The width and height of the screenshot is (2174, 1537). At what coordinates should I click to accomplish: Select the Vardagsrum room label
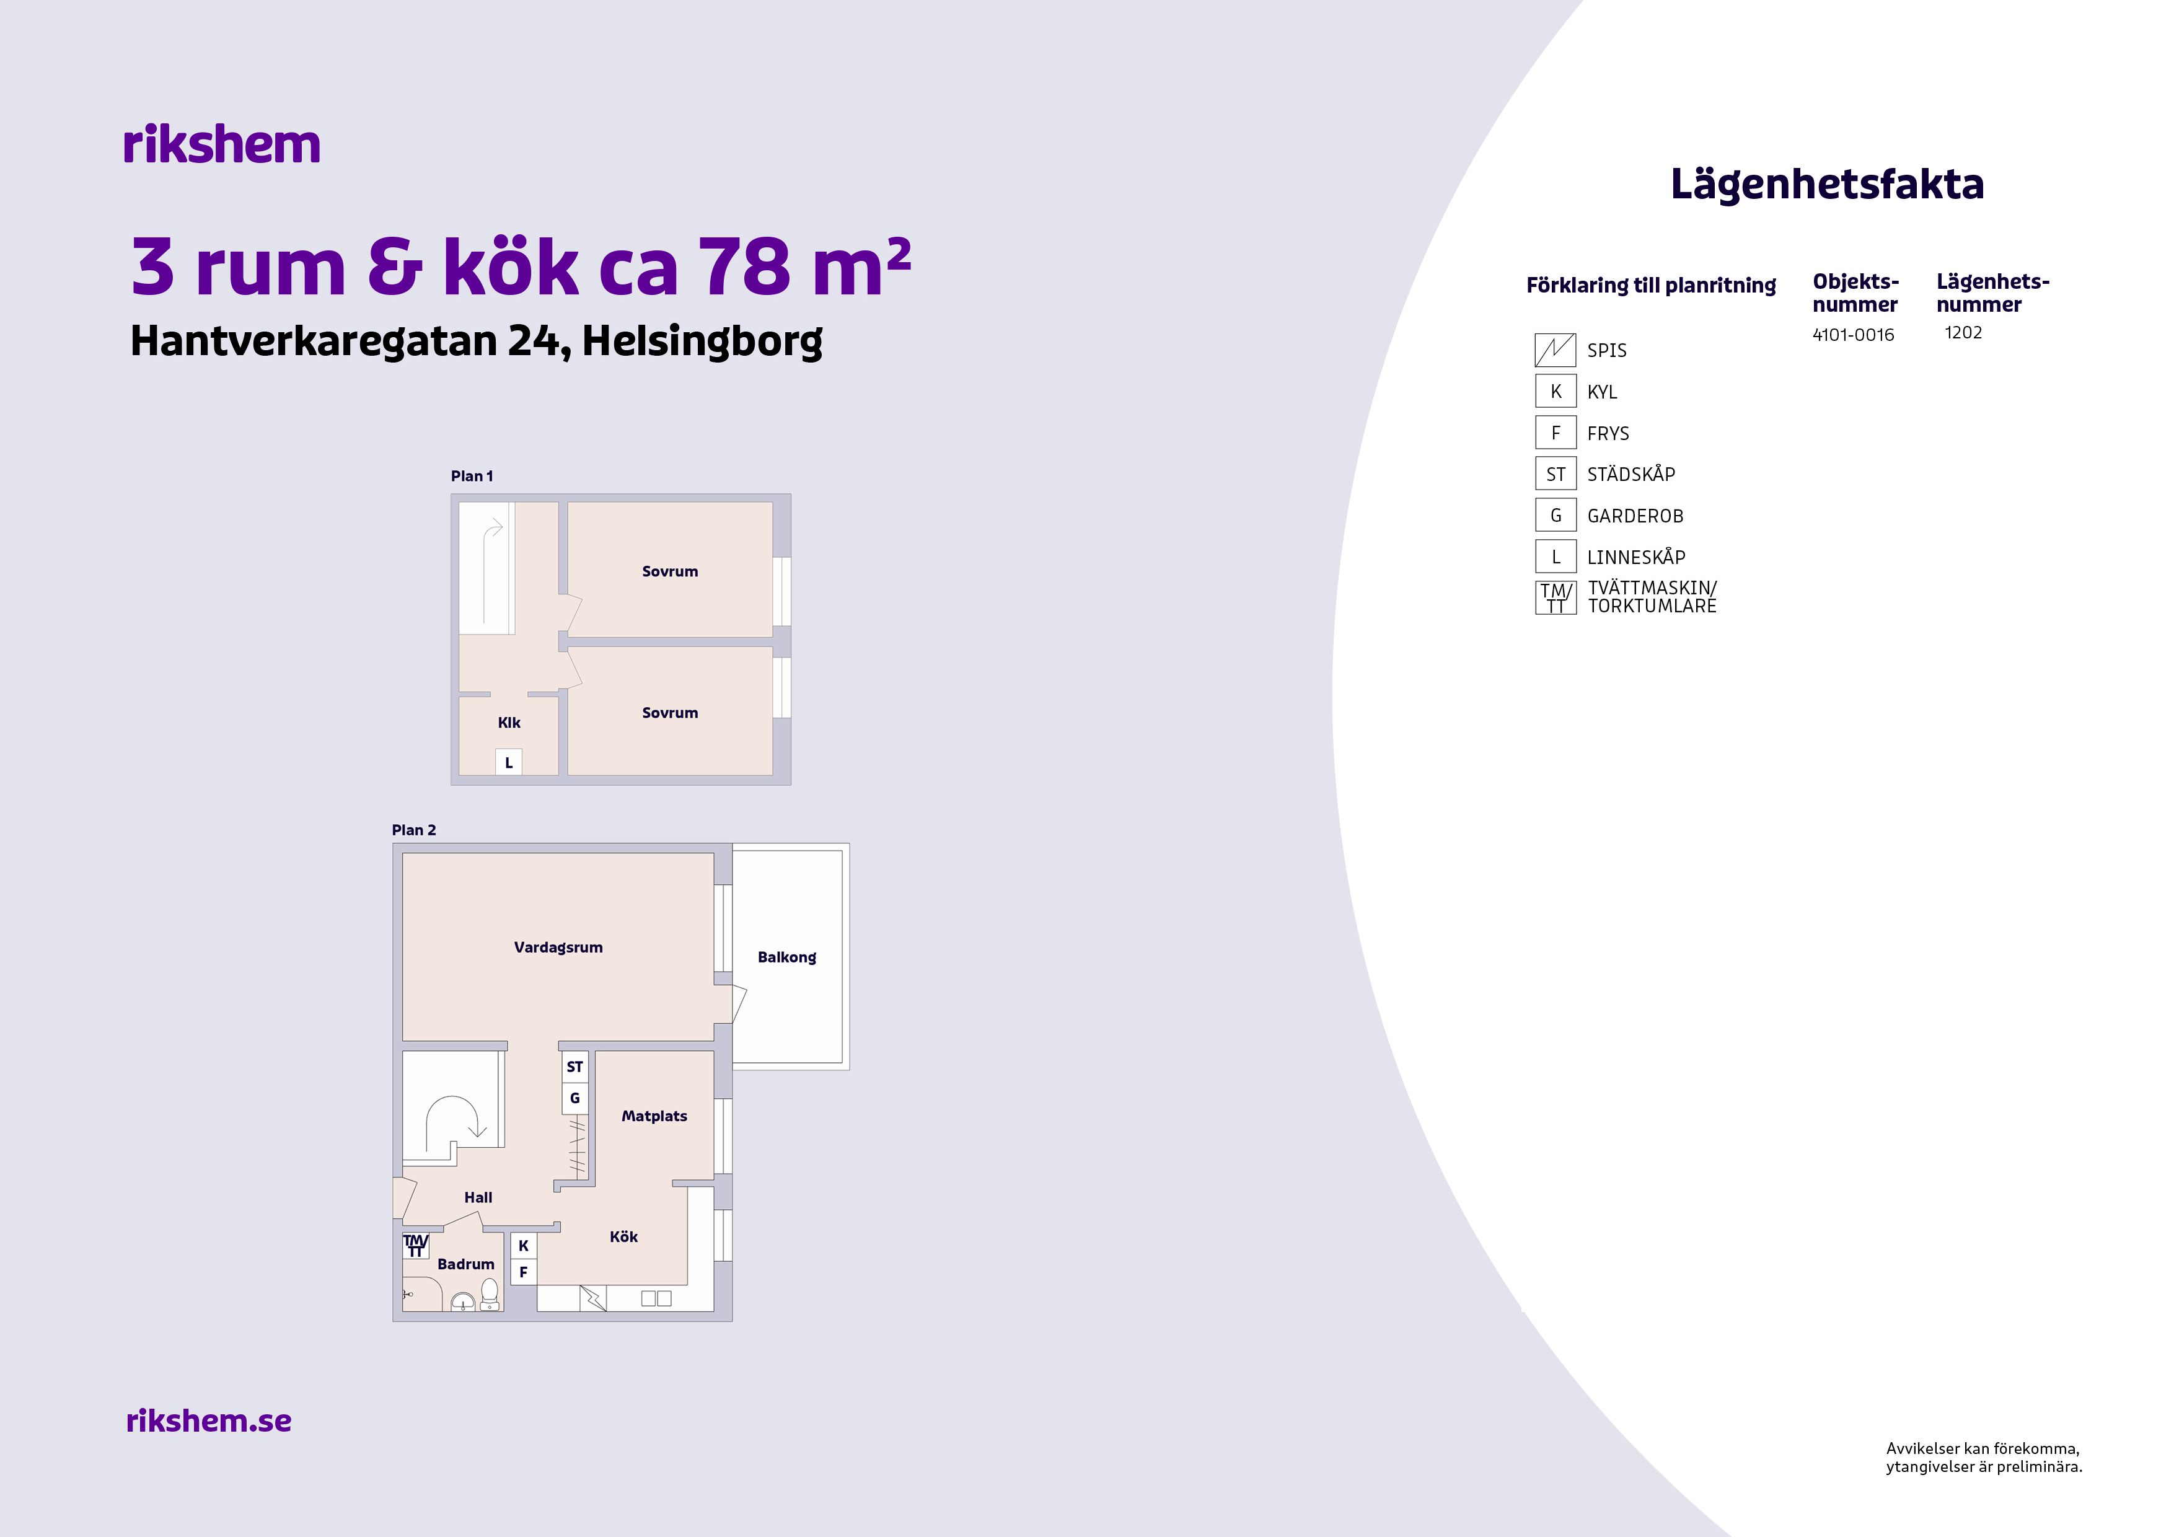[x=558, y=947]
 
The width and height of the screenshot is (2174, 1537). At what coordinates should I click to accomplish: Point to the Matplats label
[x=654, y=1116]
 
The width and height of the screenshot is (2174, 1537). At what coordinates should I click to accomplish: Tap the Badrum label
[x=466, y=1264]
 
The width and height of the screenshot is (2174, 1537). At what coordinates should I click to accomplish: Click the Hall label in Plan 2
[x=478, y=1197]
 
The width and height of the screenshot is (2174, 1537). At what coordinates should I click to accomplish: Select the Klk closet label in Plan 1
[x=509, y=723]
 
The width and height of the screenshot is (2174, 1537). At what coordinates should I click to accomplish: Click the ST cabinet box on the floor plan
[x=574, y=1067]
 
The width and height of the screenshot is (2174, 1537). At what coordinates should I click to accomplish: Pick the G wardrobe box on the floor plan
[x=574, y=1098]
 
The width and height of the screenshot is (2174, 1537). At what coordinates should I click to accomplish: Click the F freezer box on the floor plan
[x=524, y=1272]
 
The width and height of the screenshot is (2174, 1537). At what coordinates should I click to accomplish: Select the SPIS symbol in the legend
[x=1555, y=350]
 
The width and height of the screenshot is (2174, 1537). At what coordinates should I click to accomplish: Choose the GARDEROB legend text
[x=1635, y=516]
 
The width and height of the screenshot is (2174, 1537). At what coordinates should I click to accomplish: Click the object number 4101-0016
[x=1853, y=334]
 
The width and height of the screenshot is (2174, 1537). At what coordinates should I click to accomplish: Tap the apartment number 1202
[x=1963, y=332]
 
